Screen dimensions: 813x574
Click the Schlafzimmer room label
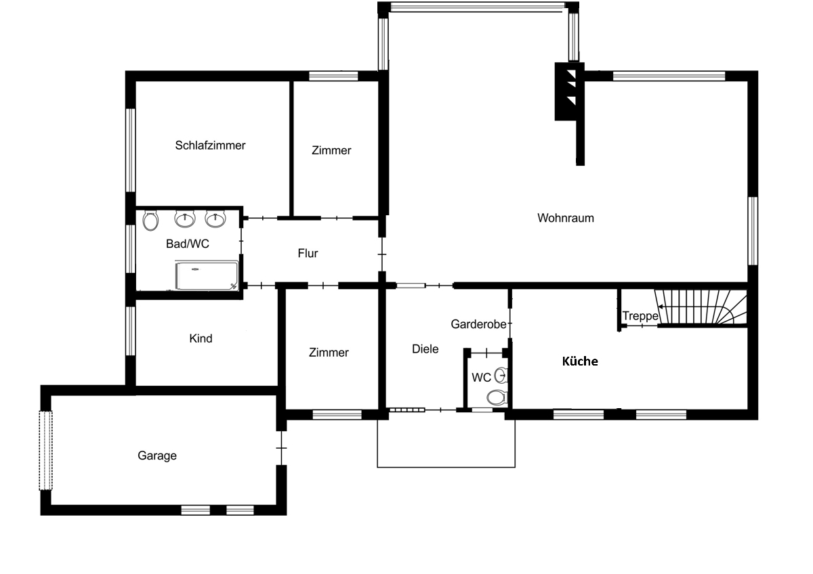(x=210, y=146)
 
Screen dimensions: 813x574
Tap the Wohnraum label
(x=566, y=218)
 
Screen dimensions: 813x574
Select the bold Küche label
(x=580, y=361)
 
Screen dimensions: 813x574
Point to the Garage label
(x=157, y=456)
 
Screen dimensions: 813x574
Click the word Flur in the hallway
(x=308, y=253)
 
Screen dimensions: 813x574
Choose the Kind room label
(x=201, y=338)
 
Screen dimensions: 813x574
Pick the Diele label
(x=425, y=349)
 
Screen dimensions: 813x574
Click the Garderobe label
(x=478, y=324)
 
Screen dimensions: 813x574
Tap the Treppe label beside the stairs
(x=640, y=316)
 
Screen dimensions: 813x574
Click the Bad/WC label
(x=187, y=244)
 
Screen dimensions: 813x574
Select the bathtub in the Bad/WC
(x=207, y=275)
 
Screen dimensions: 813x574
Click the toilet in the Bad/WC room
(x=150, y=221)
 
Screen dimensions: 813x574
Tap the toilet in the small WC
(x=497, y=397)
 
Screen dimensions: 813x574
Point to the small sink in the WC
(x=501, y=375)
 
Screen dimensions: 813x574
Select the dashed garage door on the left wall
(x=46, y=450)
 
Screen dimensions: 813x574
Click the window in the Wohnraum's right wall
(x=753, y=231)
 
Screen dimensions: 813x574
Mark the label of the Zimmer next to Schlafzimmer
(x=331, y=150)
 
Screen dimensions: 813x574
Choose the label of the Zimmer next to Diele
(x=329, y=353)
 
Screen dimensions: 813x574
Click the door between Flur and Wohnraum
(x=382, y=255)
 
